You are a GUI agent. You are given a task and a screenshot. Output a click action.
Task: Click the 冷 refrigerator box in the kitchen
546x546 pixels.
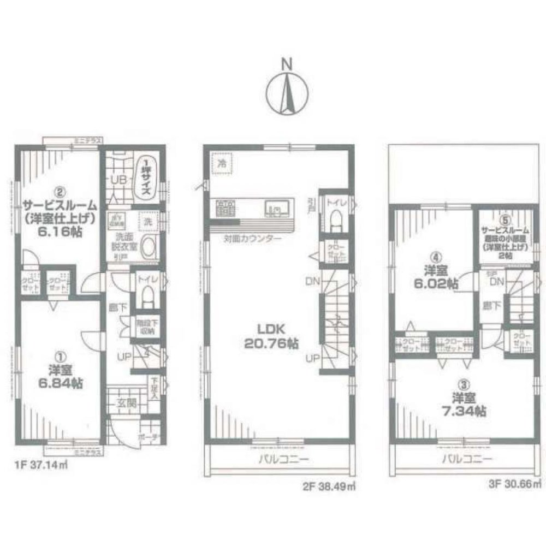pyautogui.click(x=222, y=163)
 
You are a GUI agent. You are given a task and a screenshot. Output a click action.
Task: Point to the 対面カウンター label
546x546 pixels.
pyautogui.click(x=252, y=239)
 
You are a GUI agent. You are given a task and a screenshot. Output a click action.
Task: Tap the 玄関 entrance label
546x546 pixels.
pyautogui.click(x=123, y=404)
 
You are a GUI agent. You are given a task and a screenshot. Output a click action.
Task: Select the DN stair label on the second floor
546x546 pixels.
pyautogui.click(x=312, y=281)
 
